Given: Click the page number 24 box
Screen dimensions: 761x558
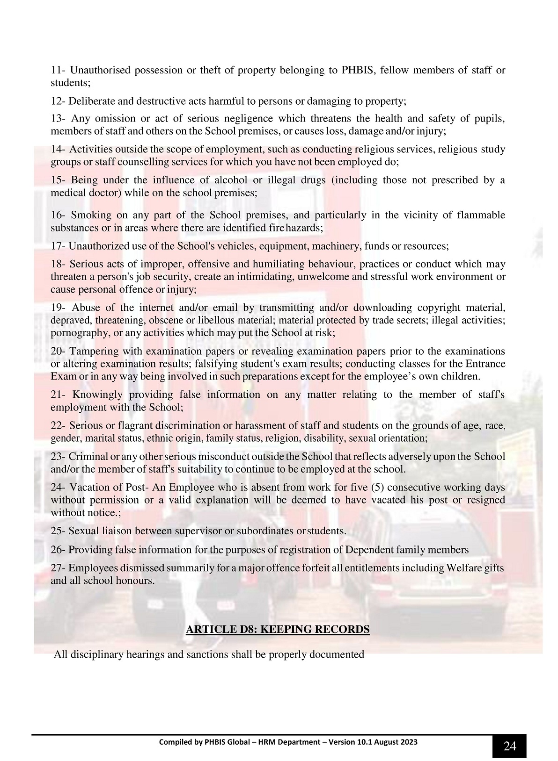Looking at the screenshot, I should click(509, 746).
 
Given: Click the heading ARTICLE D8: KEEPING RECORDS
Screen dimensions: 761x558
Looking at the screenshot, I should click(278, 629).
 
